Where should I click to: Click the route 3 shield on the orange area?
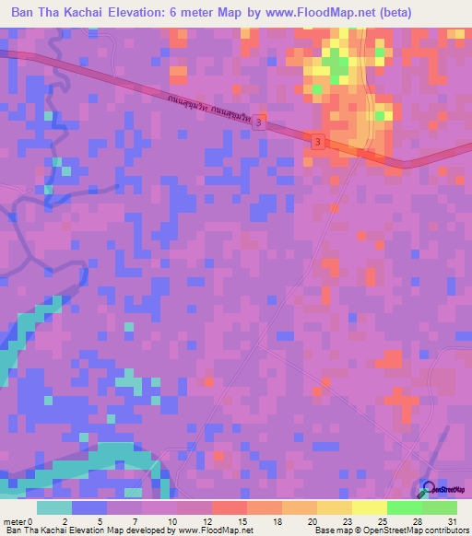click(x=317, y=142)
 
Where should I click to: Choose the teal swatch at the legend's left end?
click(x=54, y=507)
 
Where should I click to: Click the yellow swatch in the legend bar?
click(x=369, y=507)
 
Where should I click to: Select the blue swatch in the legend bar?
click(x=89, y=507)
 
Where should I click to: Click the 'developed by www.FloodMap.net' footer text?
click(x=193, y=530)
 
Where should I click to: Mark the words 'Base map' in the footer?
click(x=330, y=530)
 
